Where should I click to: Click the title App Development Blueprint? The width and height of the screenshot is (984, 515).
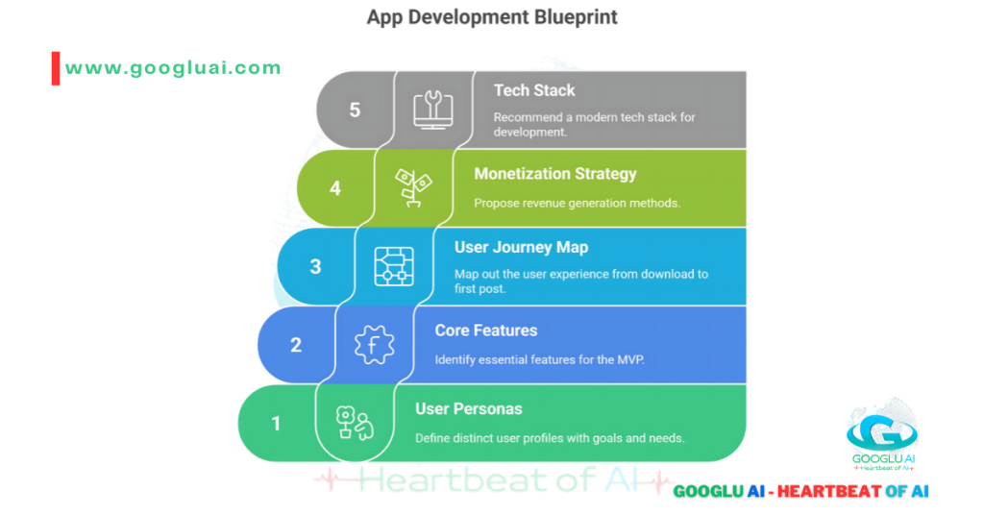pyautogui.click(x=491, y=17)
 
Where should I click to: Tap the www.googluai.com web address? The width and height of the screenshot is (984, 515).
pyautogui.click(x=173, y=68)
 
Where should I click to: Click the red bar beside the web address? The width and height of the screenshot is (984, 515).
pyautogui.click(x=56, y=68)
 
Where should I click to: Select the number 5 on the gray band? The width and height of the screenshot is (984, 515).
pyautogui.click(x=355, y=110)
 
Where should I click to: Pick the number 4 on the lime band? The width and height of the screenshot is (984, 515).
pyautogui.click(x=335, y=188)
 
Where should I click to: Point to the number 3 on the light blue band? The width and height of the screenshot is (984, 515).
pyautogui.click(x=315, y=266)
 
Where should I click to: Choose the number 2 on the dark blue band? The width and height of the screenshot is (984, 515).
pyautogui.click(x=296, y=345)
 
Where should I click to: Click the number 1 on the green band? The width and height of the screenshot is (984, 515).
pyautogui.click(x=277, y=423)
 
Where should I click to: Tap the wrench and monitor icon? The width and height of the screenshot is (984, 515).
pyautogui.click(x=433, y=109)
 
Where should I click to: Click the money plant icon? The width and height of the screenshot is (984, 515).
pyautogui.click(x=414, y=187)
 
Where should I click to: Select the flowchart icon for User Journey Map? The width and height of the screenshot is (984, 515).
pyautogui.click(x=394, y=266)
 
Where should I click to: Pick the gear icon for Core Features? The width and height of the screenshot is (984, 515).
pyautogui.click(x=375, y=345)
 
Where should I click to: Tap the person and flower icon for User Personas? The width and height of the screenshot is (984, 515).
pyautogui.click(x=355, y=423)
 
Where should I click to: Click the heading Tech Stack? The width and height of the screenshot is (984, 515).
pyautogui.click(x=534, y=90)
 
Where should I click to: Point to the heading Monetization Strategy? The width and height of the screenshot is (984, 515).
pyautogui.click(x=555, y=174)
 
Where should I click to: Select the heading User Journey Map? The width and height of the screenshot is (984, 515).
pyautogui.click(x=521, y=247)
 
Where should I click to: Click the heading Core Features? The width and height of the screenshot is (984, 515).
pyautogui.click(x=486, y=331)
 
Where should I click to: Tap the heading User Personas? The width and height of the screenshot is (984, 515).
pyautogui.click(x=469, y=409)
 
